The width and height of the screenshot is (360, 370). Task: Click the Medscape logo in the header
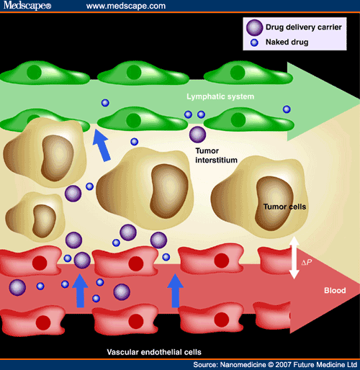pos(27,5)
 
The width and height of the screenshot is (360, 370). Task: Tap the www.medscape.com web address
pos(126,6)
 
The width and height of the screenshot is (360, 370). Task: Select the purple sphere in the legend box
pos(254,27)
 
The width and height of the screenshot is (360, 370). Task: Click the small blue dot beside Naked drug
pos(254,42)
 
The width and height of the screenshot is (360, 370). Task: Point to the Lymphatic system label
pos(220,96)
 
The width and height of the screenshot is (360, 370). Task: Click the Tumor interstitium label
pos(216,155)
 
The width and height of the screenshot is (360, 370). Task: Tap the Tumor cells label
pos(284,207)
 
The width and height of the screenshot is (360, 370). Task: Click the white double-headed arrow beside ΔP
pos(294,258)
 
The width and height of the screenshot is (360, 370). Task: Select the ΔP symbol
pos(307,262)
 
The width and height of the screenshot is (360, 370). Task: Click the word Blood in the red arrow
pos(335,290)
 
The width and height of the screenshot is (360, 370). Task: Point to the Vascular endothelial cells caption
pos(154,352)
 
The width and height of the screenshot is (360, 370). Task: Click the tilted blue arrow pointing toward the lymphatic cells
pos(102,145)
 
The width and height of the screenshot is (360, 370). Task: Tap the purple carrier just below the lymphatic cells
pos(197,135)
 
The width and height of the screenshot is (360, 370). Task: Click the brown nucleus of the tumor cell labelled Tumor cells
pos(274,204)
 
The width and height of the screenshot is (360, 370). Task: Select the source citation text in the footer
pos(275,365)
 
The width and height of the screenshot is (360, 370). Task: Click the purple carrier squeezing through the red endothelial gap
pos(82,261)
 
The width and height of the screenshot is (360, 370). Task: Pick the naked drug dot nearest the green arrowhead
pos(287,109)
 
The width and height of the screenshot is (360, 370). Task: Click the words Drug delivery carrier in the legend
pos(304,27)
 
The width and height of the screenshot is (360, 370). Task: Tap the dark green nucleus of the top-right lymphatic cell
pos(238,73)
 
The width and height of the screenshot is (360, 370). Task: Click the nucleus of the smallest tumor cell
pos(44,221)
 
